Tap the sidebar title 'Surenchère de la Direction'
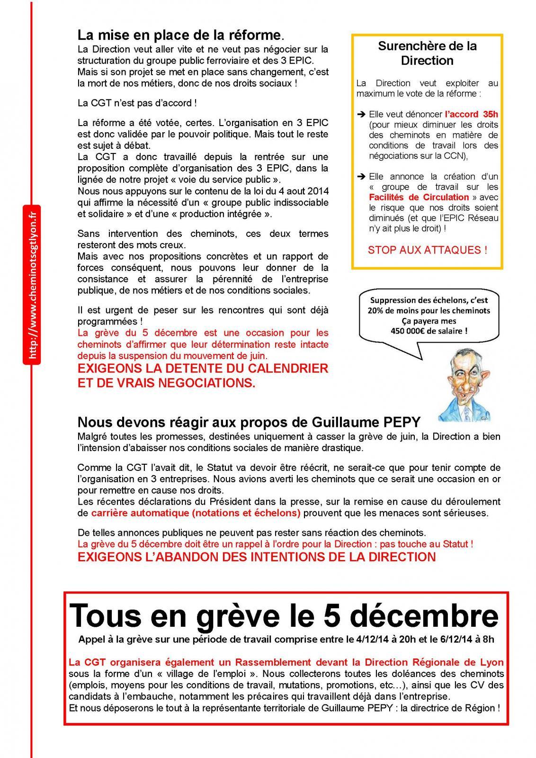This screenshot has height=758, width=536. [x=427, y=53]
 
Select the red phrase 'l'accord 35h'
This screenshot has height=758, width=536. [x=471, y=114]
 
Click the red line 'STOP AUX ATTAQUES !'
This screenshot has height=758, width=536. [x=427, y=250]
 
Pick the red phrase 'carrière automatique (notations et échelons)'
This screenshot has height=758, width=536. [x=196, y=513]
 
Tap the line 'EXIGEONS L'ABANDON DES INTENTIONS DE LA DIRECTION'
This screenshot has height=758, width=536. [x=256, y=557]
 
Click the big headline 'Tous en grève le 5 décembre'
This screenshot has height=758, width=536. [x=284, y=615]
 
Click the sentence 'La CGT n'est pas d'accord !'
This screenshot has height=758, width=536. [x=136, y=103]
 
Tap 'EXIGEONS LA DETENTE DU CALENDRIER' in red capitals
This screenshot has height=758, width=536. [x=203, y=368]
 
